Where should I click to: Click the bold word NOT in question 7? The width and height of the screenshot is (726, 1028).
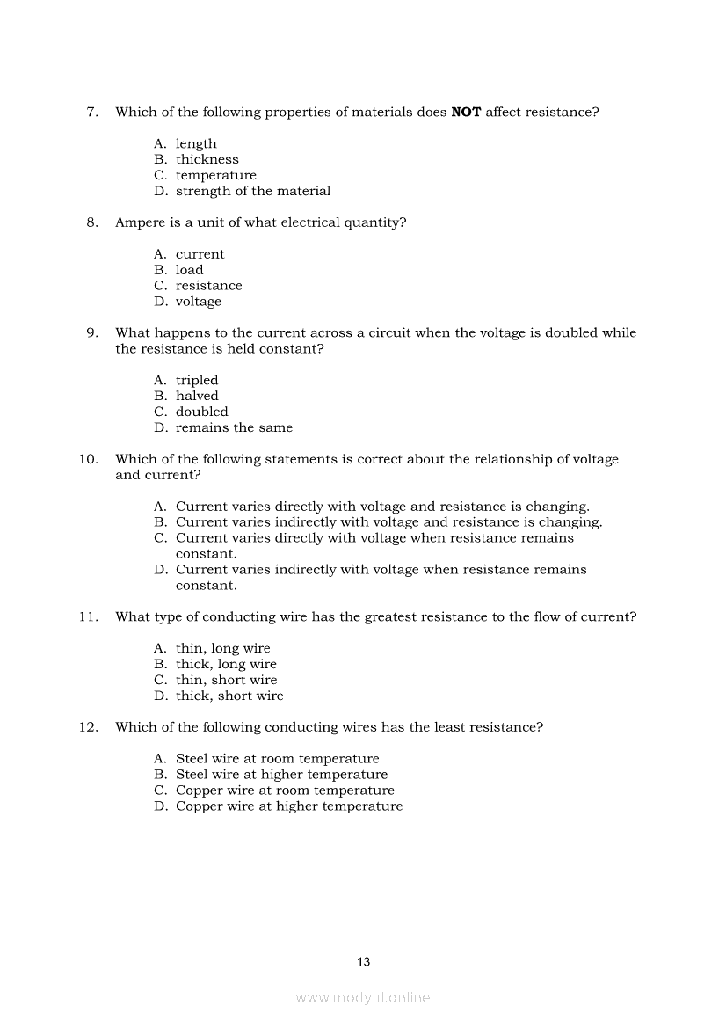pos(466,113)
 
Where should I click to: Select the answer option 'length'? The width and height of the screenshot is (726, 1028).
pos(196,144)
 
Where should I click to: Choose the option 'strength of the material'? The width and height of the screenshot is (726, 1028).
pos(253,192)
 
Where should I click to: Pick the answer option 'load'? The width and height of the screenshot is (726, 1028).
pos(189,271)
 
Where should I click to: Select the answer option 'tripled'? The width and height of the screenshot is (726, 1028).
pos(197,381)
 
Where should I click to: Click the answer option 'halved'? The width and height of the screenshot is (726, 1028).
pos(197,397)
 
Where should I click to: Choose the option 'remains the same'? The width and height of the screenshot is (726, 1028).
pos(234,428)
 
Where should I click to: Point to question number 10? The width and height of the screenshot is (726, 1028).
pos(88,460)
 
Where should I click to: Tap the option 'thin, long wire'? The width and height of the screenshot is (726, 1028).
pos(223,649)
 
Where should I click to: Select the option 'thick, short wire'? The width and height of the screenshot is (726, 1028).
pos(229,696)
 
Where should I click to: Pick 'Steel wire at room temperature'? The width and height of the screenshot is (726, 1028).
pos(278,759)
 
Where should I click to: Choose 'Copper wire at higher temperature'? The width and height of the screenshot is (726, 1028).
pos(289,806)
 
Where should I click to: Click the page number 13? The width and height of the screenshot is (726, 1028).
pos(364,962)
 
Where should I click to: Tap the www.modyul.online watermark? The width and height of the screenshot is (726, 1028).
pos(363,998)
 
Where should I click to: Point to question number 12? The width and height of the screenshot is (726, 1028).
pos(88,728)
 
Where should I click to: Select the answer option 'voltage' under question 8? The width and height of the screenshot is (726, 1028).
pos(199,303)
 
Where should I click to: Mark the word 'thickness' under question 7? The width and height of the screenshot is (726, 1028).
pos(207,160)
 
